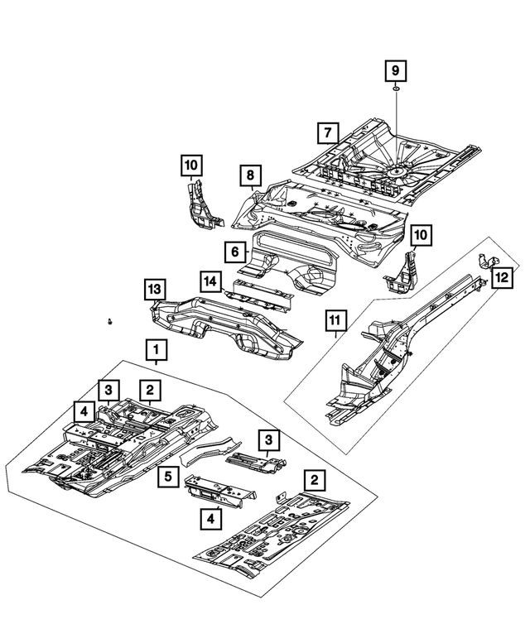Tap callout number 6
click(235, 251)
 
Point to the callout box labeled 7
click(327, 132)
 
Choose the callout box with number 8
click(247, 175)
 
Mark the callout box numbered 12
click(502, 279)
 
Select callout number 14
click(211, 281)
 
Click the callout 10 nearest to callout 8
click(191, 166)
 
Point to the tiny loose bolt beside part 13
click(109, 320)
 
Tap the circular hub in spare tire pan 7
click(394, 170)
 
